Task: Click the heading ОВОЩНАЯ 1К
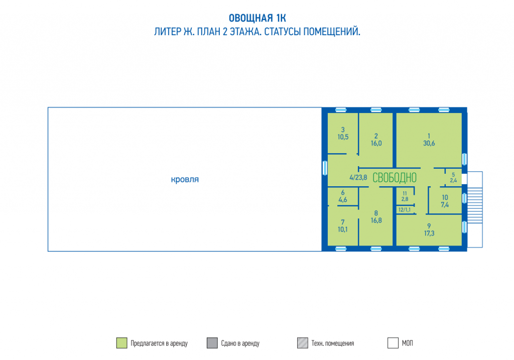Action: [258, 18]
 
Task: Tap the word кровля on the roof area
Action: [185, 179]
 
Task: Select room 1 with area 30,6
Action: [429, 140]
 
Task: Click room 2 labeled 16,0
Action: [376, 140]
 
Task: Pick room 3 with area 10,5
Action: [343, 133]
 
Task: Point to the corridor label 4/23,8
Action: [358, 178]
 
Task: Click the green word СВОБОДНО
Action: [395, 178]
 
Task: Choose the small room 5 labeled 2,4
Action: [453, 178]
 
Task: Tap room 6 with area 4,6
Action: [343, 196]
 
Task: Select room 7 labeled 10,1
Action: [343, 226]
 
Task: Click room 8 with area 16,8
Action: [376, 217]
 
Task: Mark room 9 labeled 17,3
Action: [429, 230]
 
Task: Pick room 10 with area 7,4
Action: [445, 201]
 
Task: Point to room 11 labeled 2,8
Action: [405, 196]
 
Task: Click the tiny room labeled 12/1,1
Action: [405, 210]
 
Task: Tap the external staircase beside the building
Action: [475, 209]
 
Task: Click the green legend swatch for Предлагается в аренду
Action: [121, 343]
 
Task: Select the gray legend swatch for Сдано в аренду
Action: [212, 343]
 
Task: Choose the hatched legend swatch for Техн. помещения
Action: [303, 343]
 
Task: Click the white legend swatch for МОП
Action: [393, 343]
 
